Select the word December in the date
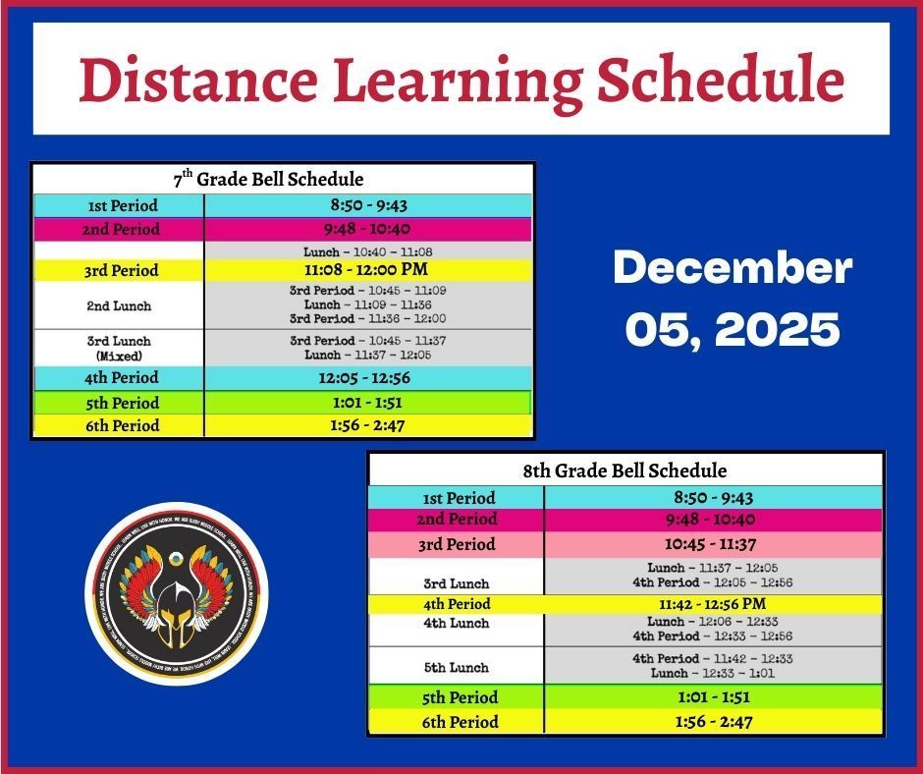click(733, 269)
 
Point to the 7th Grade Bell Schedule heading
click(283, 179)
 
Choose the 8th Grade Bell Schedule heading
click(625, 470)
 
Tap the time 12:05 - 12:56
click(368, 377)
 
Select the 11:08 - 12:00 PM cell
click(368, 269)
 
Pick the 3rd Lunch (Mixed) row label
click(119, 346)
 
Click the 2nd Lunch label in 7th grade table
click(119, 305)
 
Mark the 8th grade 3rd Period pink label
click(458, 544)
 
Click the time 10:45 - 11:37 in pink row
click(713, 544)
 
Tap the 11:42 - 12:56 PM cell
click(713, 604)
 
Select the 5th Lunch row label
click(456, 668)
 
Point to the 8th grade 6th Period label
click(458, 722)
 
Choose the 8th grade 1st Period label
click(458, 498)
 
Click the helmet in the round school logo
click(177, 607)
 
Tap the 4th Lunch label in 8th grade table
click(456, 624)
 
